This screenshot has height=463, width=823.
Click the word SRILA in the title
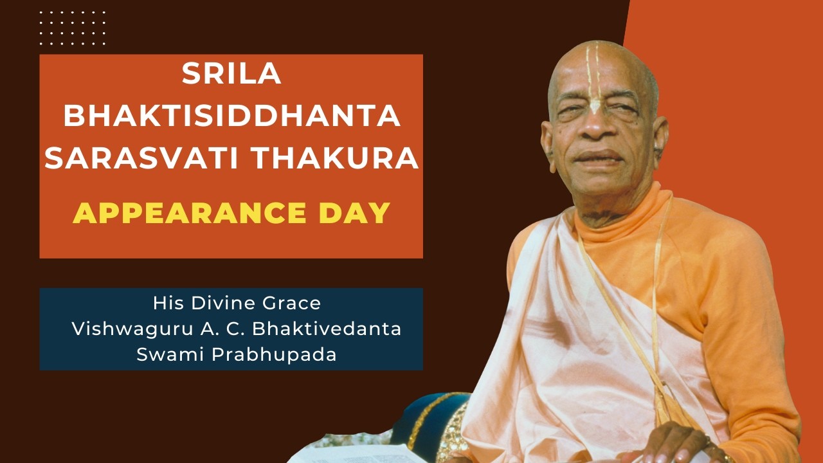(231, 75)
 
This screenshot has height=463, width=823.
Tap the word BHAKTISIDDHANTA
(231, 116)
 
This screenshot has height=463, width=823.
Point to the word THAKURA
(334, 158)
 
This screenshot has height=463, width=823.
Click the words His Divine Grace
(237, 302)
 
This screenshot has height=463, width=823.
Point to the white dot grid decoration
(72, 28)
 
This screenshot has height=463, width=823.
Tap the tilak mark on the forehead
(595, 77)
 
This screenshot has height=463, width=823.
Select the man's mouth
(597, 157)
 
